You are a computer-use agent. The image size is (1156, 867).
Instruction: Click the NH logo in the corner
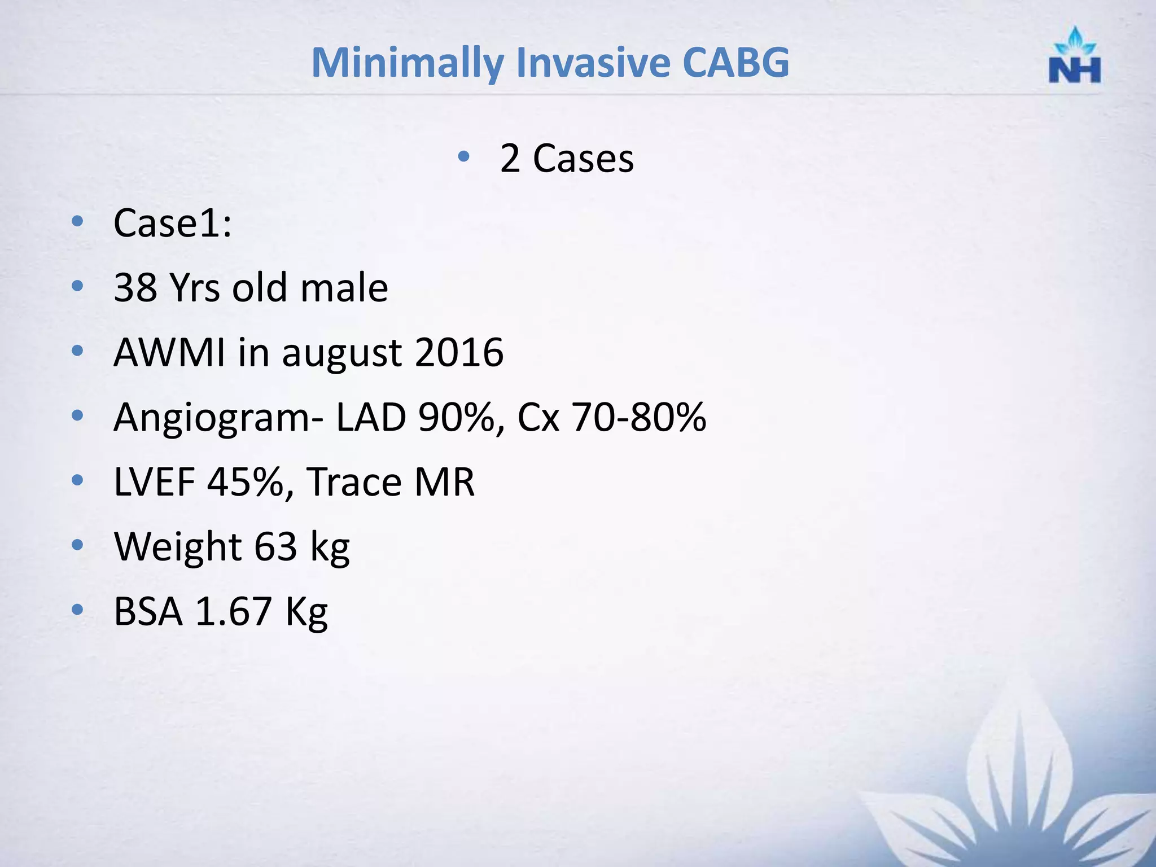pyautogui.click(x=1075, y=56)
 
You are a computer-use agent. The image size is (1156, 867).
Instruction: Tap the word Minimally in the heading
pyautogui.click(x=407, y=63)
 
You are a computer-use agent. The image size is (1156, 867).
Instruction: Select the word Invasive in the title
pyautogui.click(x=593, y=62)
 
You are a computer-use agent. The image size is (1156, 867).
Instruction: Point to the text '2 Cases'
pyautogui.click(x=567, y=159)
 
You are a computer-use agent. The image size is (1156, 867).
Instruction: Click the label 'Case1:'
pyautogui.click(x=172, y=224)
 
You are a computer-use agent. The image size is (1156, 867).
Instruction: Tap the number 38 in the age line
pyautogui.click(x=135, y=288)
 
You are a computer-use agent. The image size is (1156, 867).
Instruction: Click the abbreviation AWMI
pyautogui.click(x=169, y=353)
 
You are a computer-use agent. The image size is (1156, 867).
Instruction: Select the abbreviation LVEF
pyautogui.click(x=154, y=483)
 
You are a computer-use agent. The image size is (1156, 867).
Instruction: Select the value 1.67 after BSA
pyautogui.click(x=233, y=612)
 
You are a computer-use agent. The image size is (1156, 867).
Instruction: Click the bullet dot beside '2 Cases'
pyautogui.click(x=463, y=156)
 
